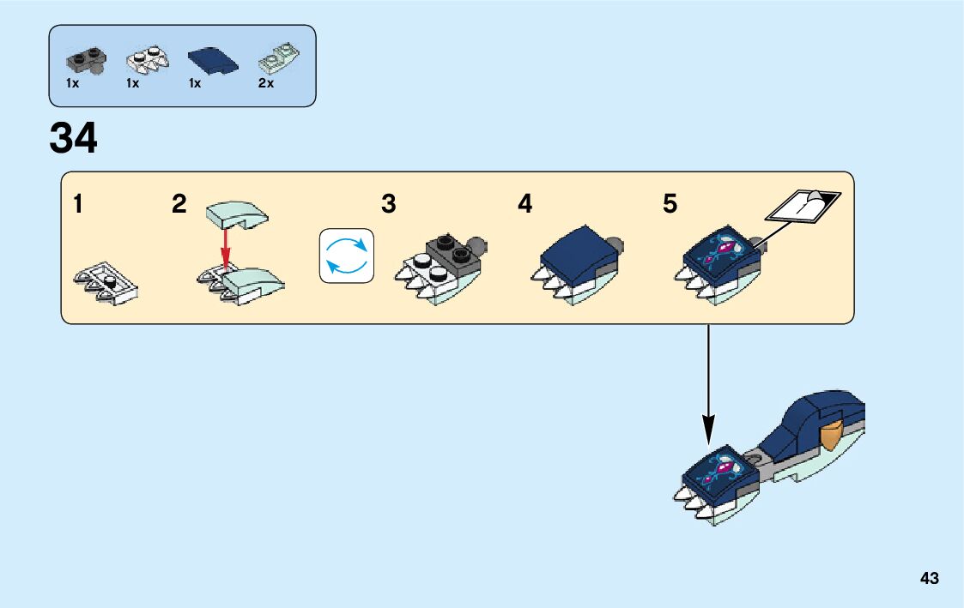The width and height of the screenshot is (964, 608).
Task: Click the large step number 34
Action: pyautogui.click(x=74, y=138)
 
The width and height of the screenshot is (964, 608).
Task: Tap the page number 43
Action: pyautogui.click(x=929, y=578)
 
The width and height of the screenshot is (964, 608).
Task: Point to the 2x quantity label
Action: pyautogui.click(x=265, y=84)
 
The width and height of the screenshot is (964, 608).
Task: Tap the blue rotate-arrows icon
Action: pyautogui.click(x=347, y=255)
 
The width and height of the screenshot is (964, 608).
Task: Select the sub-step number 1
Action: pyautogui.click(x=78, y=204)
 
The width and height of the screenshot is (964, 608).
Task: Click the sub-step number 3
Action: pyautogui.click(x=389, y=204)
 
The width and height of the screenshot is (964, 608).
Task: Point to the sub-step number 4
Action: pyautogui.click(x=524, y=204)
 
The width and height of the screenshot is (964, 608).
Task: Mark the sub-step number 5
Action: pyautogui.click(x=670, y=204)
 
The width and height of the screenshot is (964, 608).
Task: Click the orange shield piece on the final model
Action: pyautogui.click(x=833, y=436)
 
